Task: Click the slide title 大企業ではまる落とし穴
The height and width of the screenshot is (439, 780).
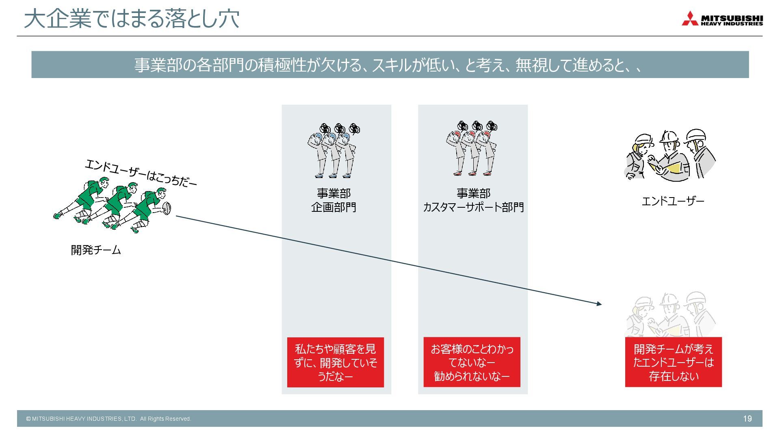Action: tap(132, 19)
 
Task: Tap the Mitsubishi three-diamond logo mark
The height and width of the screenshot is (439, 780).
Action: tap(690, 19)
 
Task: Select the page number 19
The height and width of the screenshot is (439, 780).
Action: tap(747, 419)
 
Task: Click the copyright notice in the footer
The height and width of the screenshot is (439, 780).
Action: tap(108, 419)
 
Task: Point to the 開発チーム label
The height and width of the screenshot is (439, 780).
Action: tap(96, 250)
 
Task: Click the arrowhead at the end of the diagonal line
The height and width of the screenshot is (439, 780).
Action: tap(599, 304)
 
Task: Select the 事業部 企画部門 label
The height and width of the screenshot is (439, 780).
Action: tap(334, 200)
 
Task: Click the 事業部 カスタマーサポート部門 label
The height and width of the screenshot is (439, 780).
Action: tap(473, 200)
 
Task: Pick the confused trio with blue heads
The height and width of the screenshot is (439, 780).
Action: tap(334, 150)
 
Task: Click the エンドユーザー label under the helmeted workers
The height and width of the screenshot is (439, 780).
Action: tap(673, 201)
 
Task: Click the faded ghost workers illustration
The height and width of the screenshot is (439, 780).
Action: tap(670, 315)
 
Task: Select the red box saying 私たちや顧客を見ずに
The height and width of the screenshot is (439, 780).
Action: tap(335, 362)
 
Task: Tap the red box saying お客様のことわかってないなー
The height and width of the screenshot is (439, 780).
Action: tap(472, 362)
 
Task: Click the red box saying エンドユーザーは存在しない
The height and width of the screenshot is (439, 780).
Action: tap(673, 362)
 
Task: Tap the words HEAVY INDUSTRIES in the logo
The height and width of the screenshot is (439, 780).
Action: tap(732, 24)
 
